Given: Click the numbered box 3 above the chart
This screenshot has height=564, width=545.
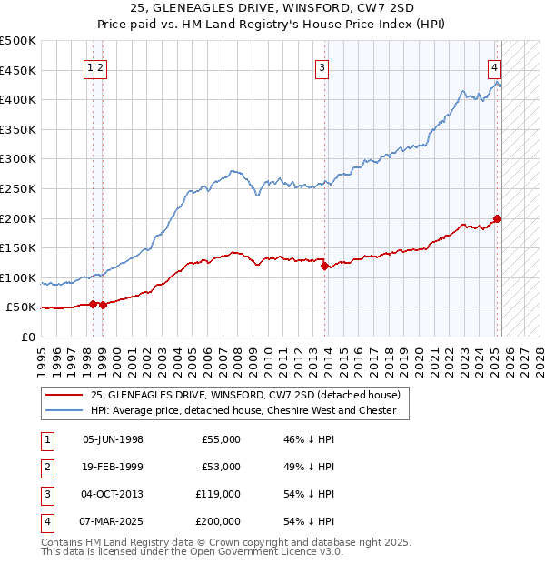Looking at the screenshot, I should [x=322, y=65].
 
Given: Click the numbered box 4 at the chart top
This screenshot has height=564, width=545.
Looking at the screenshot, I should [x=494, y=65].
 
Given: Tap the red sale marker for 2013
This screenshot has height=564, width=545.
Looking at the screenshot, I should [x=325, y=266].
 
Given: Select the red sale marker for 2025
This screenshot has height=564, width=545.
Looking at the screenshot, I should [x=497, y=218].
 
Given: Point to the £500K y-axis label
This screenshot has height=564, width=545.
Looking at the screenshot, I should [x=18, y=41].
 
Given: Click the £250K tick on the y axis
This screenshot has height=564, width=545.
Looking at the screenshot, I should [x=18, y=188].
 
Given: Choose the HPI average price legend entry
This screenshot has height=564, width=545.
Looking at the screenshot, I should [x=243, y=410].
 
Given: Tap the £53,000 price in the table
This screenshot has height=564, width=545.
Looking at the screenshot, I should [x=221, y=467].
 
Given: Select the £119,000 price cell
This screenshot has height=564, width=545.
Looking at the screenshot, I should [x=218, y=494].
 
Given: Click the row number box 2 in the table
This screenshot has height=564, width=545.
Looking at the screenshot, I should [x=45, y=467].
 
